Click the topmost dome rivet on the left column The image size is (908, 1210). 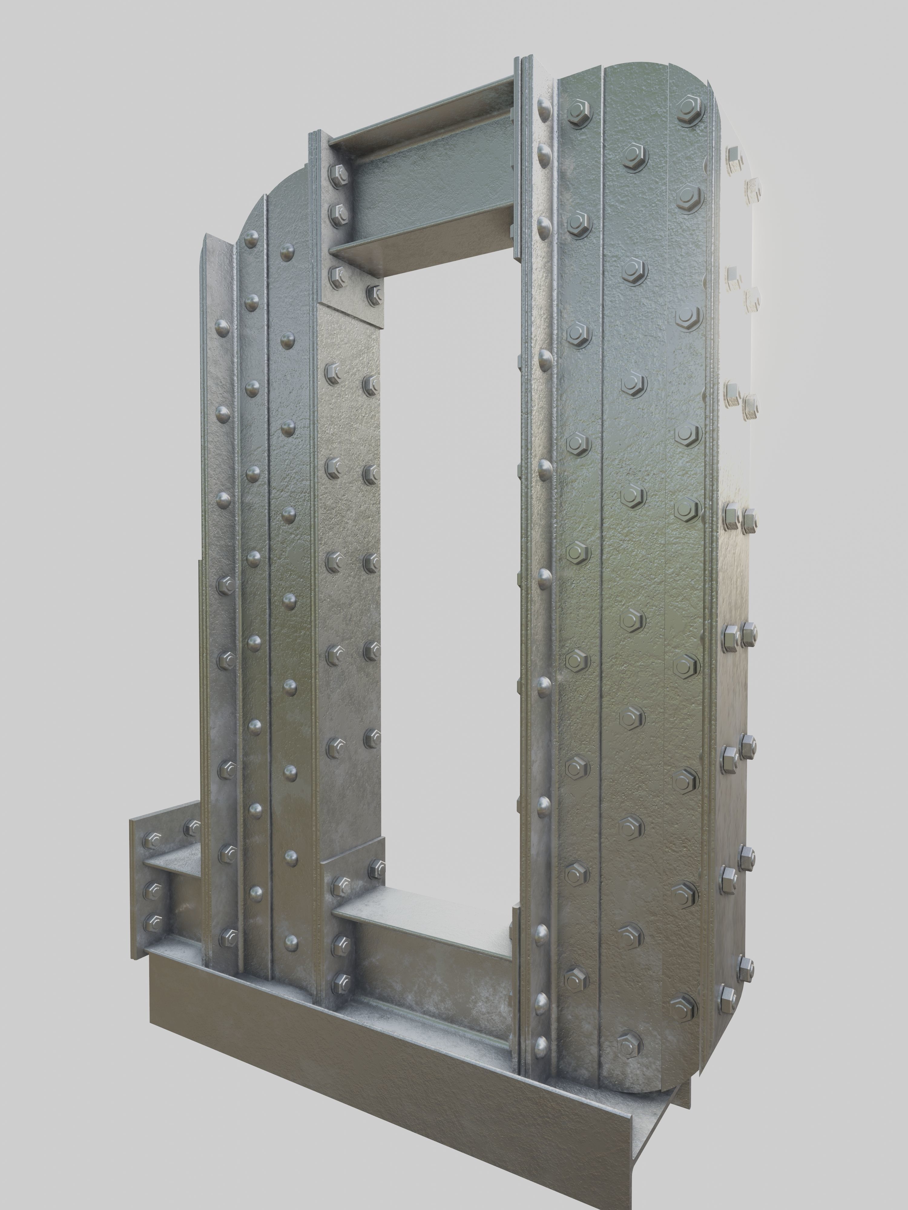coord(252,238)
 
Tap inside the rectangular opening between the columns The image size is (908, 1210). coord(449,547)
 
